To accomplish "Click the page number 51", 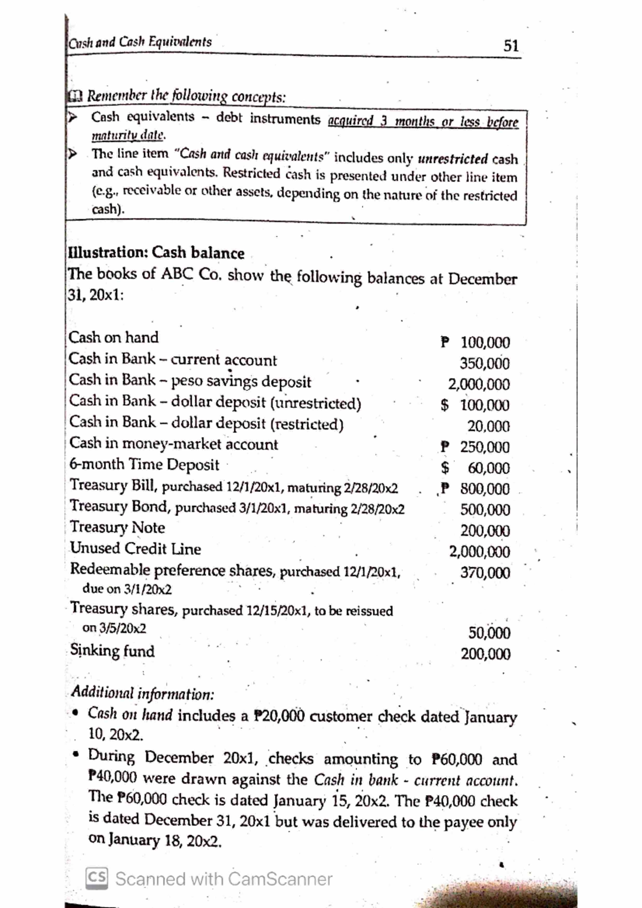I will pyautogui.click(x=511, y=45).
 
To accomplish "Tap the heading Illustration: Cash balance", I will pyautogui.click(x=156, y=252).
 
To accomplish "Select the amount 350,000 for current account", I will pyautogui.click(x=485, y=364).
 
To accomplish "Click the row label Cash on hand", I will pyautogui.click(x=114, y=337).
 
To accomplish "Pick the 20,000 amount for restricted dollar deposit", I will pyautogui.click(x=488, y=426).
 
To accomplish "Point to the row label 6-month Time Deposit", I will pyautogui.click(x=144, y=464).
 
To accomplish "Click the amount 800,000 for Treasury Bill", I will pyautogui.click(x=485, y=489).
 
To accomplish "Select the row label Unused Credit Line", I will pyautogui.click(x=136, y=549).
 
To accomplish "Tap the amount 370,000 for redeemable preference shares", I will pyautogui.click(x=485, y=573).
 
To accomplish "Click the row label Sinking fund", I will pyautogui.click(x=112, y=651).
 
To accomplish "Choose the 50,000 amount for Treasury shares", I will pyautogui.click(x=489, y=633).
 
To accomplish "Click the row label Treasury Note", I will pyautogui.click(x=118, y=527).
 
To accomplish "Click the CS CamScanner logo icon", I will pyautogui.click(x=97, y=879).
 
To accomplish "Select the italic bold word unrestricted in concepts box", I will pyautogui.click(x=453, y=159).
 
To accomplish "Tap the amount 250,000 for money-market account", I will pyautogui.click(x=485, y=447).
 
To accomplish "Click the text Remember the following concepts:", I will pyautogui.click(x=186, y=97).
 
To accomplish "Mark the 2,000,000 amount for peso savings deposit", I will pyautogui.click(x=479, y=384).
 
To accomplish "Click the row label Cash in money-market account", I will pyautogui.click(x=174, y=444).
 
